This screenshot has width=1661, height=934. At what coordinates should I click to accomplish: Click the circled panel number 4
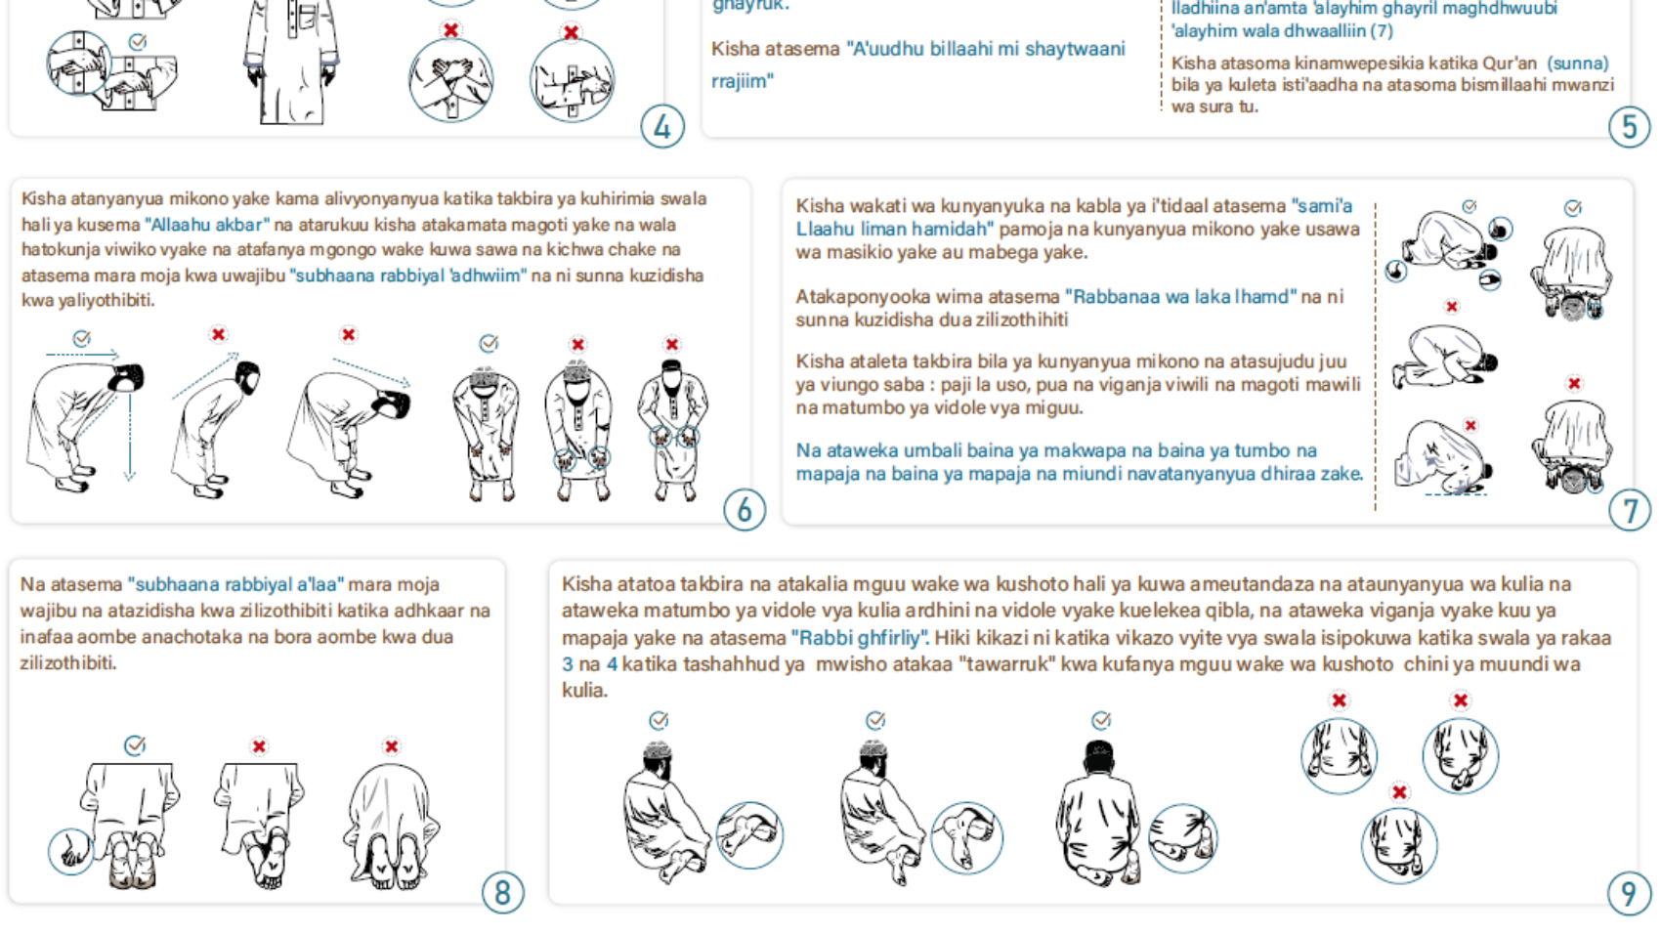click(662, 127)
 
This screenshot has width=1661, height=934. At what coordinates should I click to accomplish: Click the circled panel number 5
click(1629, 127)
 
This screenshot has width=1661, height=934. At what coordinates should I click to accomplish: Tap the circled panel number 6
click(744, 509)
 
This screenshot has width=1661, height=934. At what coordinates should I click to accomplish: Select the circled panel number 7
click(1629, 511)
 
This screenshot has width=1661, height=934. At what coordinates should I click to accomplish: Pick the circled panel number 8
click(502, 893)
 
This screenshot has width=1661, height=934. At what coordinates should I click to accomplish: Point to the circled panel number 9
click(1629, 893)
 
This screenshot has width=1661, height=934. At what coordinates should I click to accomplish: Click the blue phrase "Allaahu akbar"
click(207, 225)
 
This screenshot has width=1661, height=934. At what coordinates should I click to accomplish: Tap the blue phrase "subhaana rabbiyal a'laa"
click(235, 584)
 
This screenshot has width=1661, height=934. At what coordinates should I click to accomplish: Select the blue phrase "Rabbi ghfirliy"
click(860, 638)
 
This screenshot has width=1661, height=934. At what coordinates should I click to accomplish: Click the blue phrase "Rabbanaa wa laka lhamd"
click(1181, 296)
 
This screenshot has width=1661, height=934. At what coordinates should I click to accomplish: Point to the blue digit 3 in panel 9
click(568, 664)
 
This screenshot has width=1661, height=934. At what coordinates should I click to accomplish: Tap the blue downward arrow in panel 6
click(130, 438)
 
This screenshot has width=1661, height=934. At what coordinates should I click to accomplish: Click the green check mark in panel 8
click(135, 745)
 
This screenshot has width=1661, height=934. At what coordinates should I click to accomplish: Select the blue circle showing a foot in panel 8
click(71, 852)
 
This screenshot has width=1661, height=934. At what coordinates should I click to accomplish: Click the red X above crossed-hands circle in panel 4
click(450, 29)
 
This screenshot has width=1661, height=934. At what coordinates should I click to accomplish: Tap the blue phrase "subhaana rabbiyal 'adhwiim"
click(407, 276)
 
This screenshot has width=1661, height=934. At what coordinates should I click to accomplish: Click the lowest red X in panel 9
click(1399, 792)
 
